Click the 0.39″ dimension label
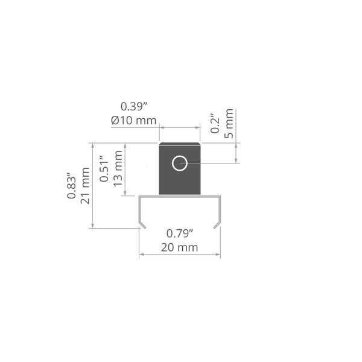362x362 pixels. tap(134, 107)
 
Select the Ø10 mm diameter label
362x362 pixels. tap(134, 120)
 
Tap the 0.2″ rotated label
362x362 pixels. tap(215, 124)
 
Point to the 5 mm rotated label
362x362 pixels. tap(229, 124)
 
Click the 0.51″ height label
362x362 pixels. tap(104, 169)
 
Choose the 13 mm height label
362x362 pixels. tap(118, 168)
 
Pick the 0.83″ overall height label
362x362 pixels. tap(72, 185)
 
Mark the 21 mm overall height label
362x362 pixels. tap(85, 186)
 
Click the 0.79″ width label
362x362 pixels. tap(180, 233)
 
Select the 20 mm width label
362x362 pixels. tap(179, 247)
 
